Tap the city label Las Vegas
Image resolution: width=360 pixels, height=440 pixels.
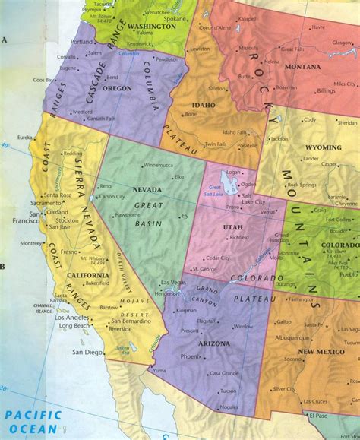click(x=173, y=283)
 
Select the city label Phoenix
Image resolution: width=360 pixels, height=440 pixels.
click(x=191, y=356)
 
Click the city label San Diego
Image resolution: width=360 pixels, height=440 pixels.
click(x=87, y=353)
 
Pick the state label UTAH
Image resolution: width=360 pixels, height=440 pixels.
click(x=232, y=228)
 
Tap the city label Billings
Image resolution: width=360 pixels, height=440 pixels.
click(x=325, y=90)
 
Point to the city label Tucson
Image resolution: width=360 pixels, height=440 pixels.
click(x=227, y=391)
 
